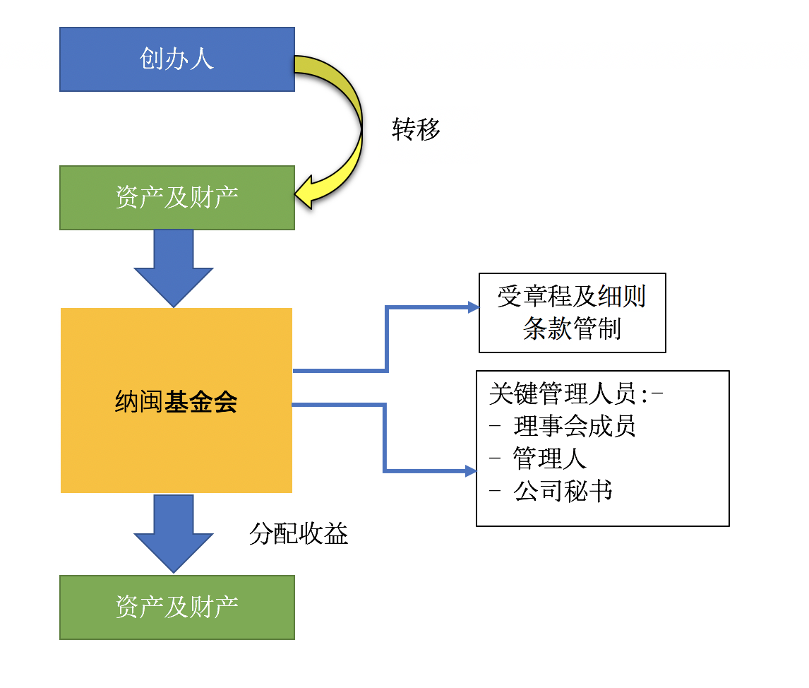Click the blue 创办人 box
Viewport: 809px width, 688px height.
(176, 59)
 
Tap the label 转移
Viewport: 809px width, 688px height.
(416, 129)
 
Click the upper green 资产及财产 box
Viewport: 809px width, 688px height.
(176, 198)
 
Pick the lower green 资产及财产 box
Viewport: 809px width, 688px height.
(176, 607)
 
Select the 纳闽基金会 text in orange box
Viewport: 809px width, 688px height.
(176, 402)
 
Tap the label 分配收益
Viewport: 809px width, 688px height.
(299, 535)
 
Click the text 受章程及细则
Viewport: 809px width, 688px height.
(572, 297)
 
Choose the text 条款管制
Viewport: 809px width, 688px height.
(572, 328)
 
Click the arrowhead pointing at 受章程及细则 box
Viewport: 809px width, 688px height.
(474, 307)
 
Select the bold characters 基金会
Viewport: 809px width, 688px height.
(201, 402)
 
